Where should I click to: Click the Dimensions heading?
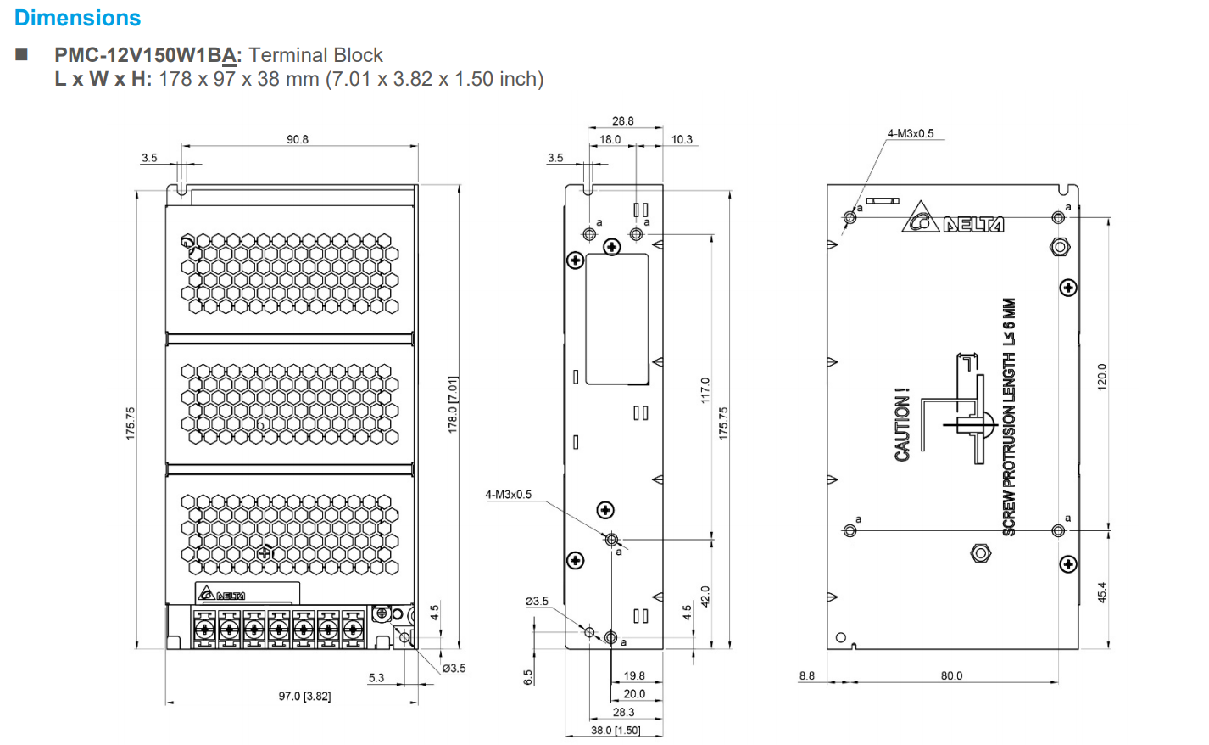point(77,18)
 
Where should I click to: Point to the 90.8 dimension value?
point(298,139)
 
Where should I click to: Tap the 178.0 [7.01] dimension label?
point(453,405)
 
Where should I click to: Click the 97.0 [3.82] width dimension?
point(304,696)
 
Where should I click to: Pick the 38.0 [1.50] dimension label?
point(616,730)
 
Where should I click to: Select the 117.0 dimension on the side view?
point(705,390)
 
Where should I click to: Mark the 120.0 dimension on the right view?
point(1102,376)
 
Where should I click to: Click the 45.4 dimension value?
point(1102,591)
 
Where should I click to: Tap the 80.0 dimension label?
point(951,675)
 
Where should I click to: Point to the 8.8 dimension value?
point(806,675)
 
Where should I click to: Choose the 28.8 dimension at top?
point(623,121)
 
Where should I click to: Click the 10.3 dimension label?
point(682,139)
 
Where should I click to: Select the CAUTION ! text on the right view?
point(902,425)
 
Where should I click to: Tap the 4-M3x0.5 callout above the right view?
point(910,133)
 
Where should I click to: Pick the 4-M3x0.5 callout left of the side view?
point(508,494)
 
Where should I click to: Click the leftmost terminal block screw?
point(203,630)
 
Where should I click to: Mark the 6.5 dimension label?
point(528,677)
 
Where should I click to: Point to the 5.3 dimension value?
point(376,677)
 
